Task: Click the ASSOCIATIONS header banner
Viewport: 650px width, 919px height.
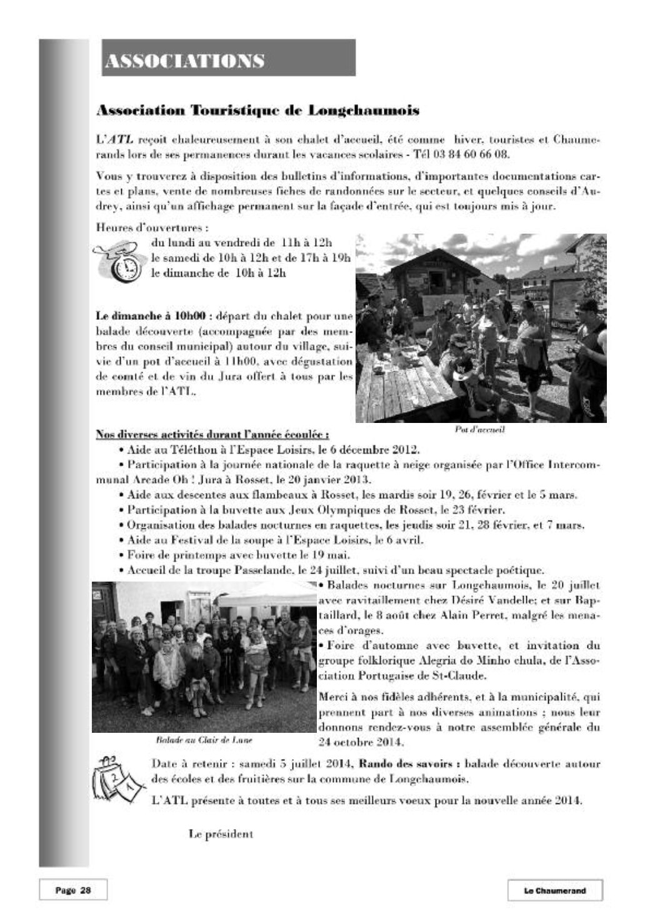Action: click(x=228, y=58)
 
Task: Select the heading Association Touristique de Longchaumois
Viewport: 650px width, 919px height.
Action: click(x=257, y=111)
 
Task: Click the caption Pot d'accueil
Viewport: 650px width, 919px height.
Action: click(x=481, y=430)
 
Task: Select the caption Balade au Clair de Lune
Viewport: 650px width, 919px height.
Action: click(x=204, y=741)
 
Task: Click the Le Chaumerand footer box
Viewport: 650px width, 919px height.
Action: click(x=554, y=891)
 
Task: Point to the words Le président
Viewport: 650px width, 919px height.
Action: click(x=221, y=833)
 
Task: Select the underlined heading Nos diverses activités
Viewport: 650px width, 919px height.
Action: click(x=212, y=435)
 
